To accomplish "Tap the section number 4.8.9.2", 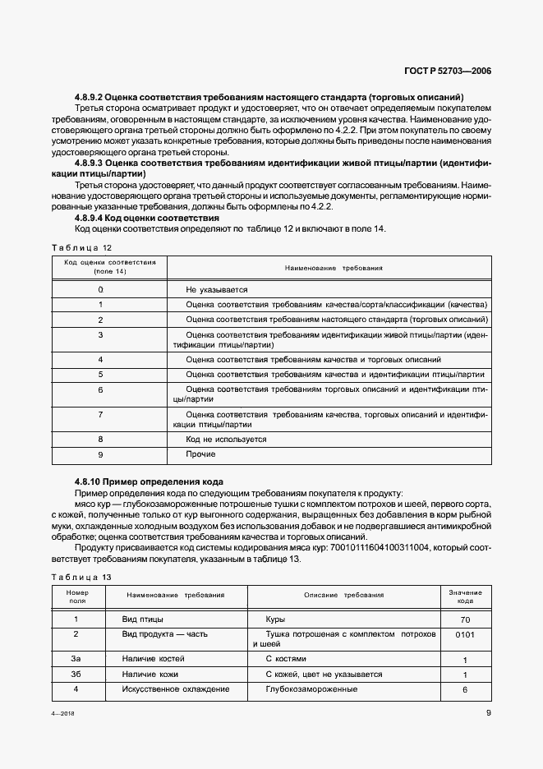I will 93,97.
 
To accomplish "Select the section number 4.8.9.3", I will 93,163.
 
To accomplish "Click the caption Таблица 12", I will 81,247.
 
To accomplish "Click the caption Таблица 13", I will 81,577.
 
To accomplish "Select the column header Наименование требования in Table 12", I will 334,269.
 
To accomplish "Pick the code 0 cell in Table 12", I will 100,290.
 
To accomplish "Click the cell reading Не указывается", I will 216,290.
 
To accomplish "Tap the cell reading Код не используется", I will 226,440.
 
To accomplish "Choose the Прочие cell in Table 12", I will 200,454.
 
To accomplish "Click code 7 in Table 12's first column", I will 100,415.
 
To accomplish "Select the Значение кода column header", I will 465,596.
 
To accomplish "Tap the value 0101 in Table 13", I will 465,634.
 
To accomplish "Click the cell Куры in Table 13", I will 275,619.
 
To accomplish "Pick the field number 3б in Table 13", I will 76,674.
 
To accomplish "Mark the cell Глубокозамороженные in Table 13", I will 311,688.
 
